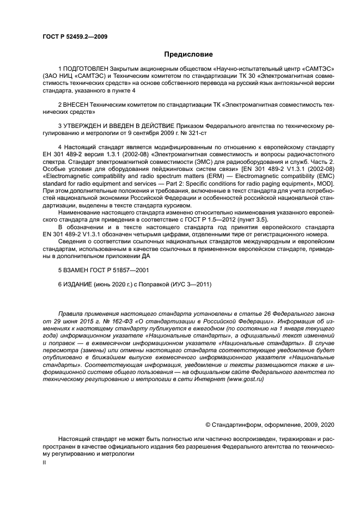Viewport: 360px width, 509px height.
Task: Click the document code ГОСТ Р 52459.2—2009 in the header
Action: click(x=74, y=36)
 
